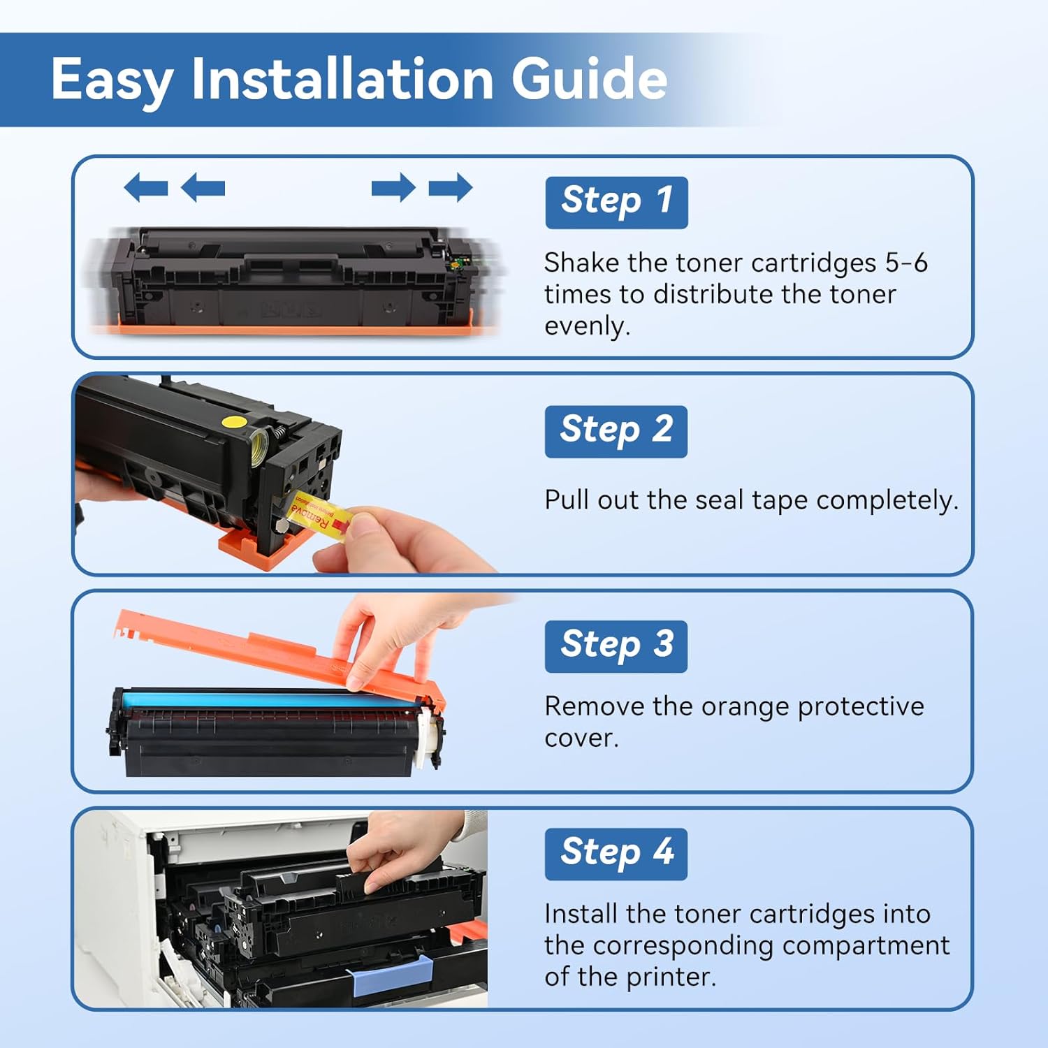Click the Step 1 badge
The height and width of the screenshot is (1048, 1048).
click(x=616, y=203)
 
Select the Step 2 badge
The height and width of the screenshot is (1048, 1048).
click(x=616, y=431)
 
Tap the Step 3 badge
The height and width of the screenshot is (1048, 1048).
click(x=616, y=646)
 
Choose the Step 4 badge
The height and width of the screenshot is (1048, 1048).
click(x=616, y=854)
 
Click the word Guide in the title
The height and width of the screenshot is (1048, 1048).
click(x=589, y=78)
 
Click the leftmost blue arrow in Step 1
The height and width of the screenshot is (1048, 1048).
click(x=146, y=187)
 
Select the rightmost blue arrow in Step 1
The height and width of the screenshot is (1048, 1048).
click(x=451, y=187)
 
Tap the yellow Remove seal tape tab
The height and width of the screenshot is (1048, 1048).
click(x=321, y=516)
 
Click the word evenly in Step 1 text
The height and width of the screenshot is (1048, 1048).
click(x=587, y=326)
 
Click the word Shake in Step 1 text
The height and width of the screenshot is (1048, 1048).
click(x=581, y=263)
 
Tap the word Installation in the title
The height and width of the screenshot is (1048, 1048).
click(x=342, y=78)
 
